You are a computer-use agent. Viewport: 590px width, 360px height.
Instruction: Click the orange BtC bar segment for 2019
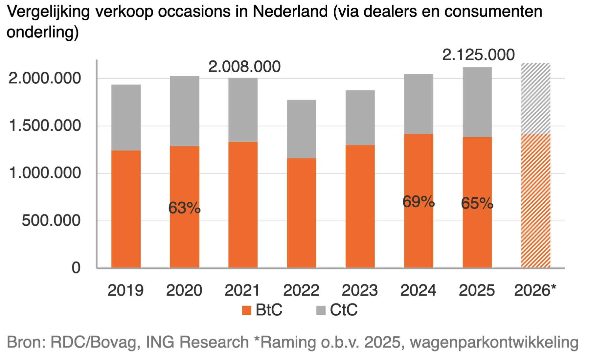pos(126,209)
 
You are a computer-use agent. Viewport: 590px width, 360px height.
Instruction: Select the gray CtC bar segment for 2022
pos(301,129)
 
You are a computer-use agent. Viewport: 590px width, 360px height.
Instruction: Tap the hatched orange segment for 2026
pos(535,201)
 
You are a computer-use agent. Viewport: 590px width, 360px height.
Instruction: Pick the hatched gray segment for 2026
pos(535,99)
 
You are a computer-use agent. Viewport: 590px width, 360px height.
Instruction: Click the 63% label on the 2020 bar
pos(184,208)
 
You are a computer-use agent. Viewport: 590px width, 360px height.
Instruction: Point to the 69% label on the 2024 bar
pos(419,202)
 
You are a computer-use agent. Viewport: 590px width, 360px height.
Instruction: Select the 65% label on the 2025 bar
pos(477,203)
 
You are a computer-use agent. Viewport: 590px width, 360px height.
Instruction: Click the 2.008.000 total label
pos(244,67)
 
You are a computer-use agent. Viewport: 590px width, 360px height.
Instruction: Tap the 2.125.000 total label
pos(478,55)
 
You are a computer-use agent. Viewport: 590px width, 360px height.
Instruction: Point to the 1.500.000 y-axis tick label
pos(45,125)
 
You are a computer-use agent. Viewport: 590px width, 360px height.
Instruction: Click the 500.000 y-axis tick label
pos(51,220)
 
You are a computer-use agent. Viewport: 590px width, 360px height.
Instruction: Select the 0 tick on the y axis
pos(76,268)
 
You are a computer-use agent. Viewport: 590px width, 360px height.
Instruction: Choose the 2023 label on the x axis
pos(360,290)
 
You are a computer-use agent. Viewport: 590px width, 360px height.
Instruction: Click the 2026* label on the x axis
pos(535,290)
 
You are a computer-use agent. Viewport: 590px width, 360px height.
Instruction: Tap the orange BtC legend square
pos(246,310)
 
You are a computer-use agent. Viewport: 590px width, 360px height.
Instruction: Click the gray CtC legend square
pos(321,310)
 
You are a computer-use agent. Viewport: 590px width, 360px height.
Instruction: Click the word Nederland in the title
pos(290,12)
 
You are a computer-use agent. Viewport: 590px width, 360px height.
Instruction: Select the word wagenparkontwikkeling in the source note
pos(494,342)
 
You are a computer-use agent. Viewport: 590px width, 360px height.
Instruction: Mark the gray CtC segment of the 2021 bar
pos(243,110)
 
